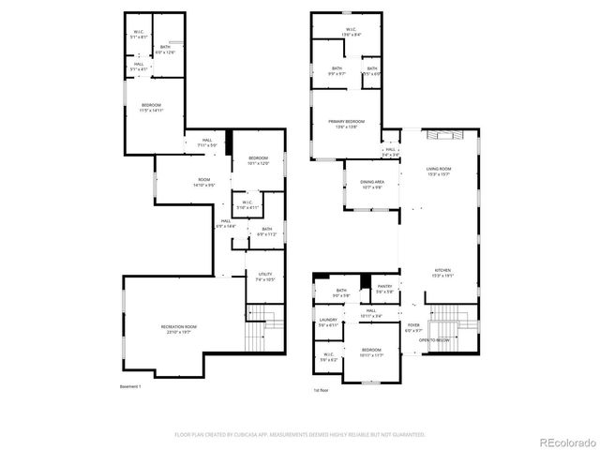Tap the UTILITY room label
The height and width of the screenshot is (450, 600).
264,277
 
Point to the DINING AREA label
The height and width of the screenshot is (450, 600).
372,185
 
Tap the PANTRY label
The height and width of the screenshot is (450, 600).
383,289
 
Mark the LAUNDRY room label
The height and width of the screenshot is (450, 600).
328,322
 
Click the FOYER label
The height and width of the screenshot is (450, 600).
413,328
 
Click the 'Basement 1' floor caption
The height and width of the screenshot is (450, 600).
130,386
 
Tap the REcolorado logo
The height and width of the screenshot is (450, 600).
565,441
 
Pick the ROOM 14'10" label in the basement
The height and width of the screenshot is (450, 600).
203,182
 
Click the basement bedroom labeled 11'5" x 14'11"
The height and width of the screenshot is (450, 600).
151,107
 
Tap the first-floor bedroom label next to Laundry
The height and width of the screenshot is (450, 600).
372,352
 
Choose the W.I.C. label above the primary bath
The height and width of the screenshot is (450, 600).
350,31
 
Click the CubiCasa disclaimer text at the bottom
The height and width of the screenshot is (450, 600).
300,434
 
